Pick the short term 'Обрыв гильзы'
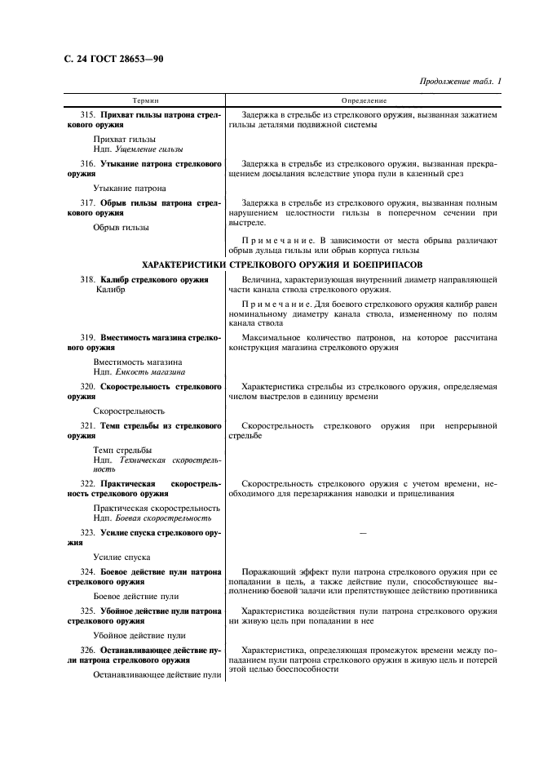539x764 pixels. click(x=121, y=227)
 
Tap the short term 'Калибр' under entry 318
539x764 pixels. click(x=111, y=290)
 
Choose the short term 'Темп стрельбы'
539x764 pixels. click(x=122, y=450)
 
